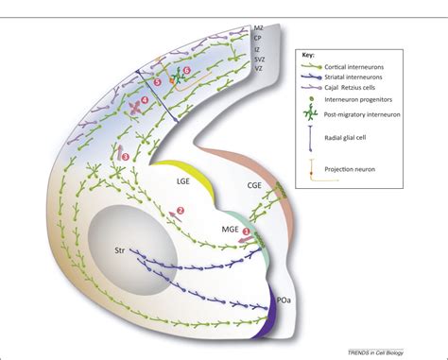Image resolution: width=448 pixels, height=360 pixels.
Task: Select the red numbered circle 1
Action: (248, 230)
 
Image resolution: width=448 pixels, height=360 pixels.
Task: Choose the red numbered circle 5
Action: (158, 82)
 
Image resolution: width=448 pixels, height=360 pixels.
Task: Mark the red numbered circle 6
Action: (186, 70)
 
